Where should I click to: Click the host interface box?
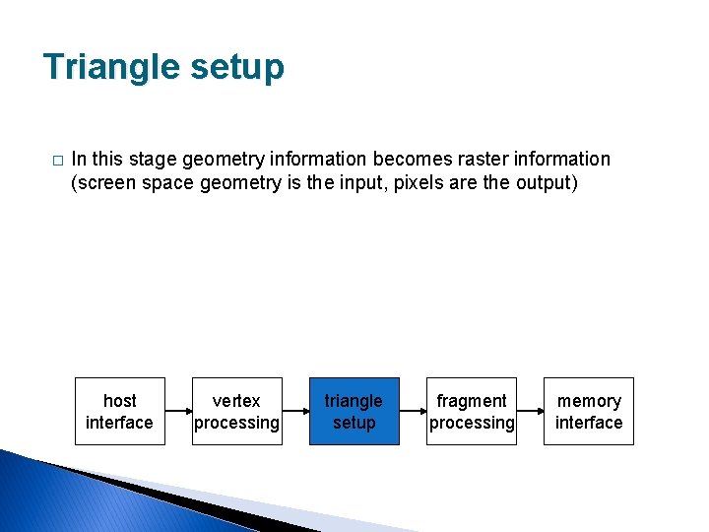(119, 411)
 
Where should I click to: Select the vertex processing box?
(236, 411)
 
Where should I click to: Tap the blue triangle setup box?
(354, 411)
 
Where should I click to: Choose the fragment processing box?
(471, 411)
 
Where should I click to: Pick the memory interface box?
(588, 411)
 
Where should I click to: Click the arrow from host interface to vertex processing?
(178, 411)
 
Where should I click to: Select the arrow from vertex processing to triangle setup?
(295, 411)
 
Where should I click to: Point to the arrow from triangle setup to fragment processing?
(413, 411)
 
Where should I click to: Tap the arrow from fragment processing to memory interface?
(530, 411)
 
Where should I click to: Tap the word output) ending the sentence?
(545, 182)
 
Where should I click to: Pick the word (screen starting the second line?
(103, 182)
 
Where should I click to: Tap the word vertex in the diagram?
(236, 401)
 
